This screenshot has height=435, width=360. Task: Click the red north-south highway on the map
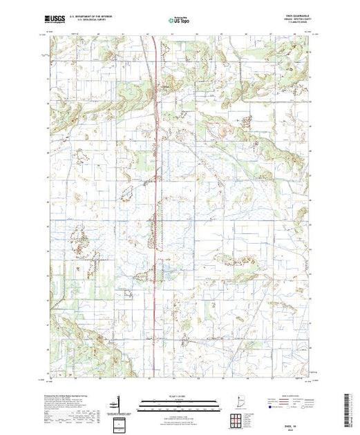coord(154,207)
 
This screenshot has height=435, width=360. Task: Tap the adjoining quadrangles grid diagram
coord(238,418)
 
